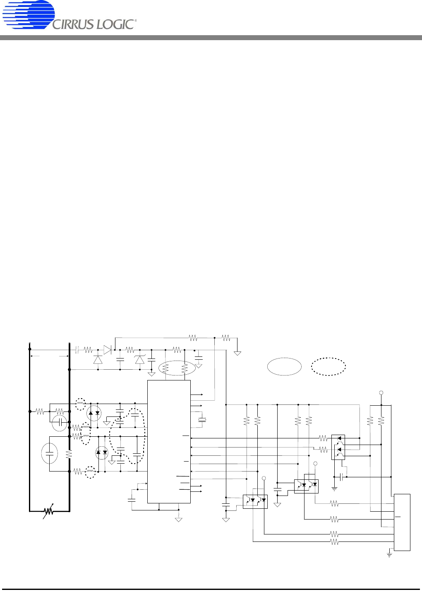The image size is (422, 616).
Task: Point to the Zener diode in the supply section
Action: pos(140,359)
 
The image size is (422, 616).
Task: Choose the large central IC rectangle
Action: pos(169,442)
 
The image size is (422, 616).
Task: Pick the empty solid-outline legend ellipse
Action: pos(284,366)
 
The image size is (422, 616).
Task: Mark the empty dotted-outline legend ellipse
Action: pos(328,366)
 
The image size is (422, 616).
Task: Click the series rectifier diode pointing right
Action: pos(108,350)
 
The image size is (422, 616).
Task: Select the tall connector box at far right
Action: pos(402,522)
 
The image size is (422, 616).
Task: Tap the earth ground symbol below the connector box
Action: pos(389,554)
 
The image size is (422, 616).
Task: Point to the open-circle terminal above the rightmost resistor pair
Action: pos(381,393)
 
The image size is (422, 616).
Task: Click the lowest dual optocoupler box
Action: pos(255,502)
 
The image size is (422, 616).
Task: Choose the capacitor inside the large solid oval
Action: pos(50,454)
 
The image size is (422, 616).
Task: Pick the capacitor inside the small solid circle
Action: pos(60,423)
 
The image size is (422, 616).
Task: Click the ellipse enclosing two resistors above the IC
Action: pos(177,368)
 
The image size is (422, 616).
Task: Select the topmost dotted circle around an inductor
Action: pos(81,404)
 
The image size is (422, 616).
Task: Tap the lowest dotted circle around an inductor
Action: pos(91,472)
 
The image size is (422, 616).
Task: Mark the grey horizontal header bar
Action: pos(211,38)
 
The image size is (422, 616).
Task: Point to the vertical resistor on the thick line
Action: pos(69,454)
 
